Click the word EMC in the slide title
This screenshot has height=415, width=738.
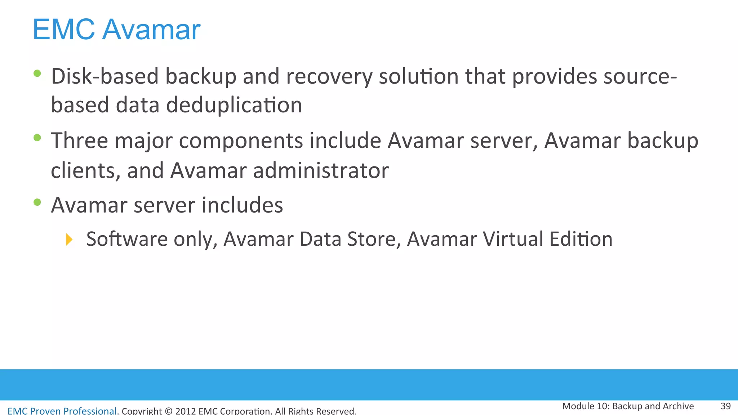[x=64, y=30]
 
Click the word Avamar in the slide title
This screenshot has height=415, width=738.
[x=151, y=30]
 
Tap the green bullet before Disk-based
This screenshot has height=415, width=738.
[x=37, y=73]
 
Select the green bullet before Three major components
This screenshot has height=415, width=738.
[x=37, y=138]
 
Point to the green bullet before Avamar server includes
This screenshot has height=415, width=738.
[x=37, y=202]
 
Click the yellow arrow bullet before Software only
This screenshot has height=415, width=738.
[x=69, y=240]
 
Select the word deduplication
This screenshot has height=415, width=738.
[x=234, y=105]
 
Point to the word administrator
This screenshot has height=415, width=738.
[x=321, y=170]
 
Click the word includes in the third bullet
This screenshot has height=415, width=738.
[x=242, y=205]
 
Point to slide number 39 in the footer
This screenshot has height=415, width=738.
[x=725, y=406]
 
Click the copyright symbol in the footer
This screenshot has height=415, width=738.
[x=168, y=411]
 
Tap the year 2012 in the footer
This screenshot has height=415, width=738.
[x=186, y=411]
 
